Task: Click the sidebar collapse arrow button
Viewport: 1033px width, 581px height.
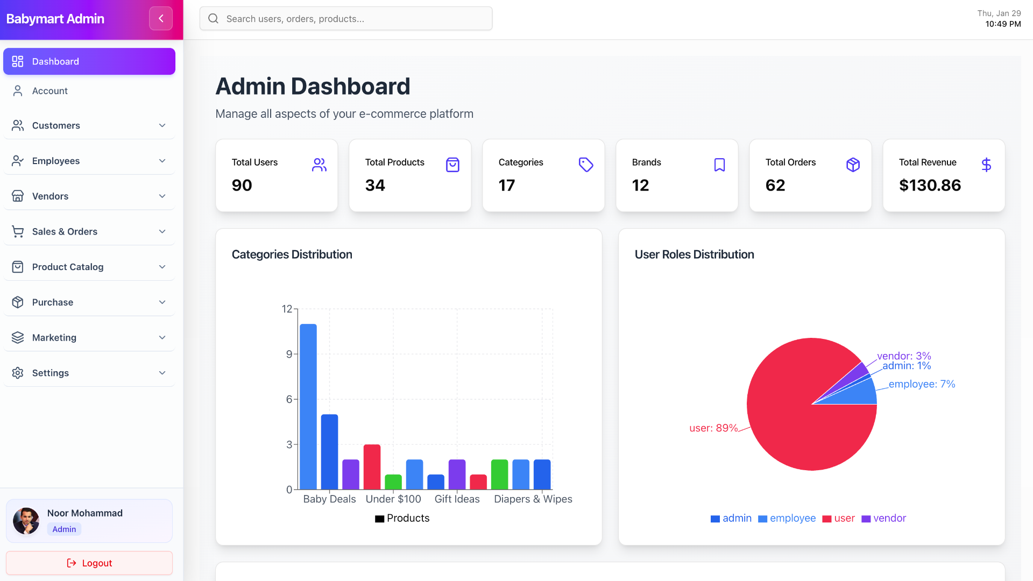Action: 161,18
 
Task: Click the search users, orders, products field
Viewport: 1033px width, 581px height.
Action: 345,18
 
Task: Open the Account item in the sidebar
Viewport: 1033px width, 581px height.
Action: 49,91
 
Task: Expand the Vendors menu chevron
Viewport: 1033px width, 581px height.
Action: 162,196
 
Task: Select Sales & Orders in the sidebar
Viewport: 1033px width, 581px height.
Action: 65,231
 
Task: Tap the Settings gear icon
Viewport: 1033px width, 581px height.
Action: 18,373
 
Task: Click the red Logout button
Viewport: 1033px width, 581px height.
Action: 89,563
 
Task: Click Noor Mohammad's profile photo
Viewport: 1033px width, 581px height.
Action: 26,521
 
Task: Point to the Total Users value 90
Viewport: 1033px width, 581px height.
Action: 242,185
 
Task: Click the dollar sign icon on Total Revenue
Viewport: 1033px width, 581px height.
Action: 986,165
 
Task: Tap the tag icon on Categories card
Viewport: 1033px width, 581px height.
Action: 585,165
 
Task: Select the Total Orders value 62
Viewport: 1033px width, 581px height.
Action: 775,185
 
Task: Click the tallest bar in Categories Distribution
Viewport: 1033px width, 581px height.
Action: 308,406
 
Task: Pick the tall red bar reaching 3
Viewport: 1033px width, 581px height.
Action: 372,466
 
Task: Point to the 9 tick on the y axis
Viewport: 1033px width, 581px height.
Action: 289,354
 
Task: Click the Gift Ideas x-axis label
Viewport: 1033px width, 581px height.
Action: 457,499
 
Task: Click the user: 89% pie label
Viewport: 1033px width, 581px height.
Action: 713,428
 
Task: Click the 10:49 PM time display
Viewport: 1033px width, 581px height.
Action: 1002,24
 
